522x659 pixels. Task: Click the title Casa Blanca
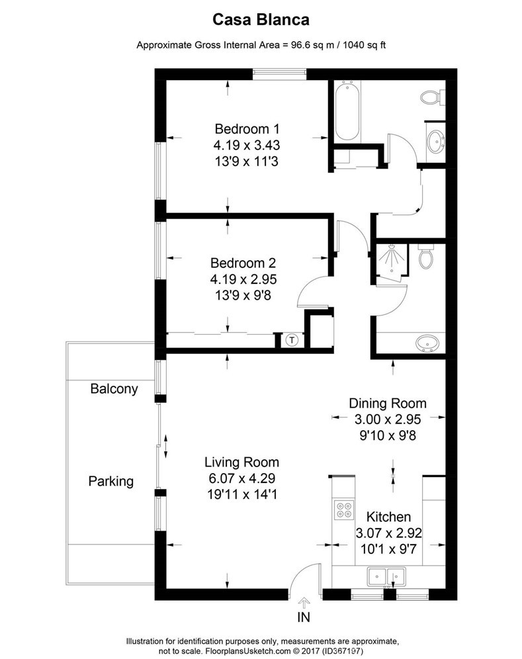point(261,21)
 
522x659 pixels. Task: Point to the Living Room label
point(241,462)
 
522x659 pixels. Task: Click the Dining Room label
point(388,403)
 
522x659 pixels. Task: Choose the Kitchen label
point(389,517)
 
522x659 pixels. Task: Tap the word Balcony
point(114,388)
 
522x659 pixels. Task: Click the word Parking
point(111,481)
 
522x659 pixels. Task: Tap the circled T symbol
point(292,340)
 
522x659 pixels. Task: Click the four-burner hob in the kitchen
point(344,511)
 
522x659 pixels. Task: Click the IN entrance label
point(304,618)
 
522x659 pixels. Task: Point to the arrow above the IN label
point(304,602)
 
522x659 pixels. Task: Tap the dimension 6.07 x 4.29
point(241,478)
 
